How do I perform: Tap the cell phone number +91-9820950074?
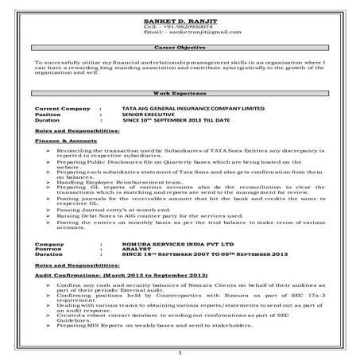coord(195,25)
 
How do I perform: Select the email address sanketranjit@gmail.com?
coord(199,32)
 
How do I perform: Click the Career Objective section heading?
coord(181,48)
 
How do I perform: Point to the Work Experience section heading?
coord(181,93)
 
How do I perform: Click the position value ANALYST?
coord(140,251)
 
